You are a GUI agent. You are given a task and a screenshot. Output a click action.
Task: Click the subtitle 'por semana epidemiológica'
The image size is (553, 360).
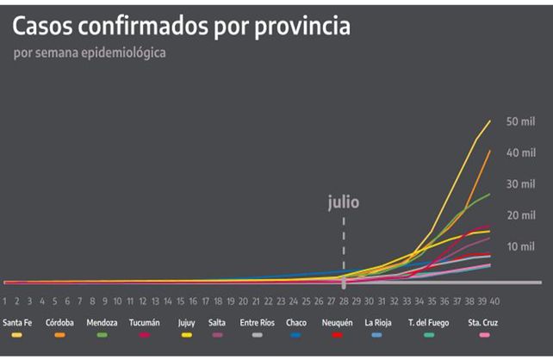click(90, 53)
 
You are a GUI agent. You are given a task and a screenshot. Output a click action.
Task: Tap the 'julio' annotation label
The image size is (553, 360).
click(343, 203)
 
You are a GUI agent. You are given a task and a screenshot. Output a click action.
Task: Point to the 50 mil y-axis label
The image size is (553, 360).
click(521, 121)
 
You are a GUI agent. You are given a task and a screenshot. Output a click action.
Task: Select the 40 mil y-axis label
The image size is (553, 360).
click(521, 152)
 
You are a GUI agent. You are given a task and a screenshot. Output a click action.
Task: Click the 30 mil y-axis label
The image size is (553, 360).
click(521, 183)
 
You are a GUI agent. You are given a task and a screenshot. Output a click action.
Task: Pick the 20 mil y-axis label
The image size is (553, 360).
click(521, 214)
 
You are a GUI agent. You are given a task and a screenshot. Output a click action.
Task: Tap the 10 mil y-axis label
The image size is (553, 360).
click(521, 246)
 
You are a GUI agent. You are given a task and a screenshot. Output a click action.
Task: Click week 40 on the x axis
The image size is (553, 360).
click(494, 301)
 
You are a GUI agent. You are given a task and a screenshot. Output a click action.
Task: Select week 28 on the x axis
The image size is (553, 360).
click(344, 301)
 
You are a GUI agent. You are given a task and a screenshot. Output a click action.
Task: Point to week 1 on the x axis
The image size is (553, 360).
click(5, 301)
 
